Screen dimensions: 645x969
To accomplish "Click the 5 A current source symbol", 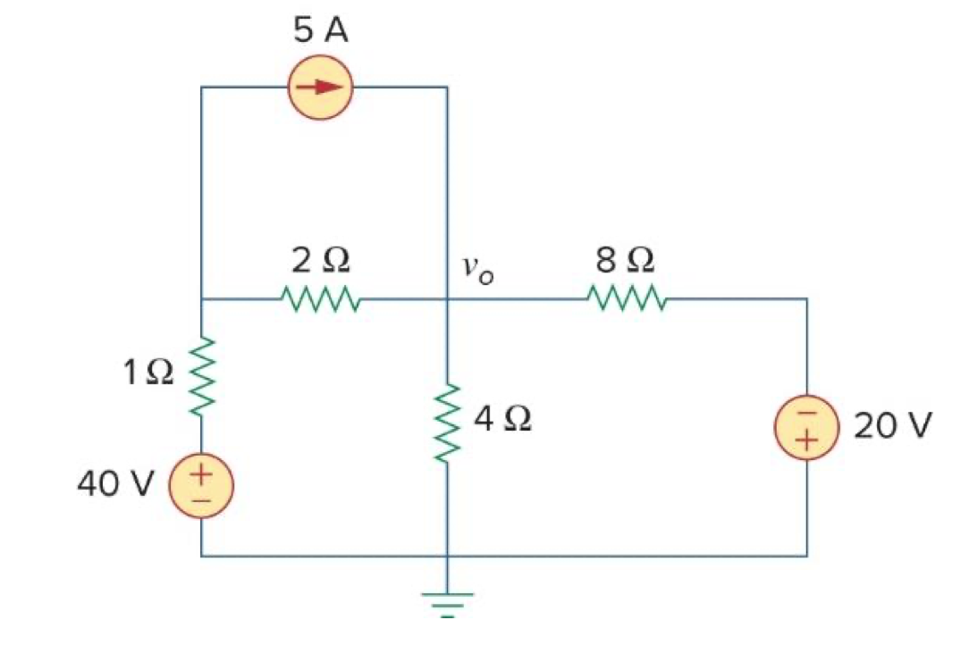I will tap(321, 88).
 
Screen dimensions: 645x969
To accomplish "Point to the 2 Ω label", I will tap(320, 260).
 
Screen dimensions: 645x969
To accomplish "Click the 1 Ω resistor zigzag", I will tap(202, 375).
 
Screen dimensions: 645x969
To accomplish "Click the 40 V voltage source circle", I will tap(202, 487).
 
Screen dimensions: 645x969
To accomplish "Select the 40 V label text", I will tap(115, 483).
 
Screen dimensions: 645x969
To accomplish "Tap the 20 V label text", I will tap(892, 425).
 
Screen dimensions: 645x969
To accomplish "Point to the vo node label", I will tap(477, 266).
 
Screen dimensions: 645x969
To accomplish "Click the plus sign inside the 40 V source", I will tap(202, 474).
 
